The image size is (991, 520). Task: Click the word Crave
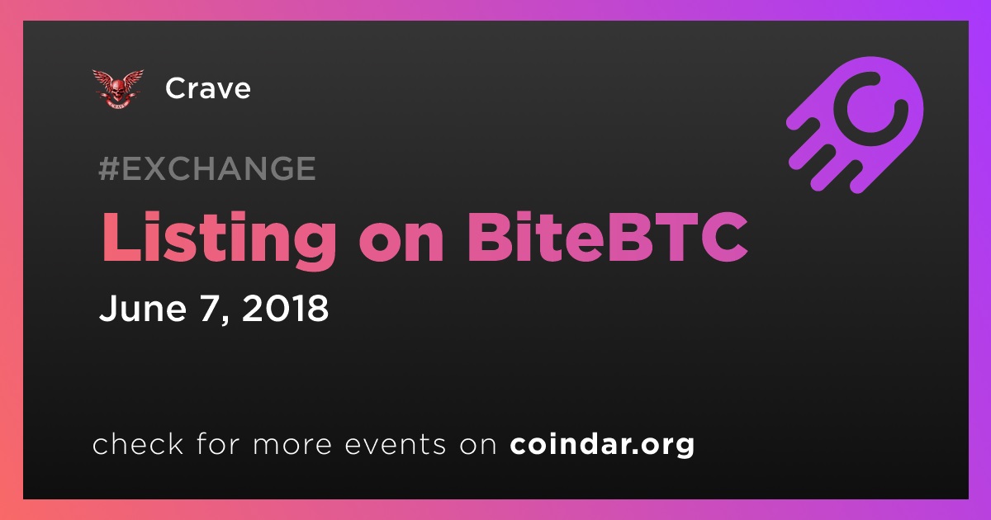tap(208, 88)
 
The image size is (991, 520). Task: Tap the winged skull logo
tap(117, 89)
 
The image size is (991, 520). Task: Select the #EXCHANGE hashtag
tap(207, 168)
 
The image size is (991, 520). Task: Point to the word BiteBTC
tap(607, 237)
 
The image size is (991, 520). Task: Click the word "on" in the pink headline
tap(401, 244)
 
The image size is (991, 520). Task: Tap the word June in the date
tap(143, 308)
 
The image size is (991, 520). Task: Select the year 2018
tap(286, 308)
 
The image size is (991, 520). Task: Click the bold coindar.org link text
tap(602, 445)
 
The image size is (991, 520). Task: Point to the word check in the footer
tap(138, 443)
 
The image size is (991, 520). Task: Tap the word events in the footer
tap(395, 445)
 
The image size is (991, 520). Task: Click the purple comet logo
tap(855, 125)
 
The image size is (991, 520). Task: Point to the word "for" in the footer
tap(218, 443)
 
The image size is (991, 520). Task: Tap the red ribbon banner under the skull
tap(117, 104)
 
